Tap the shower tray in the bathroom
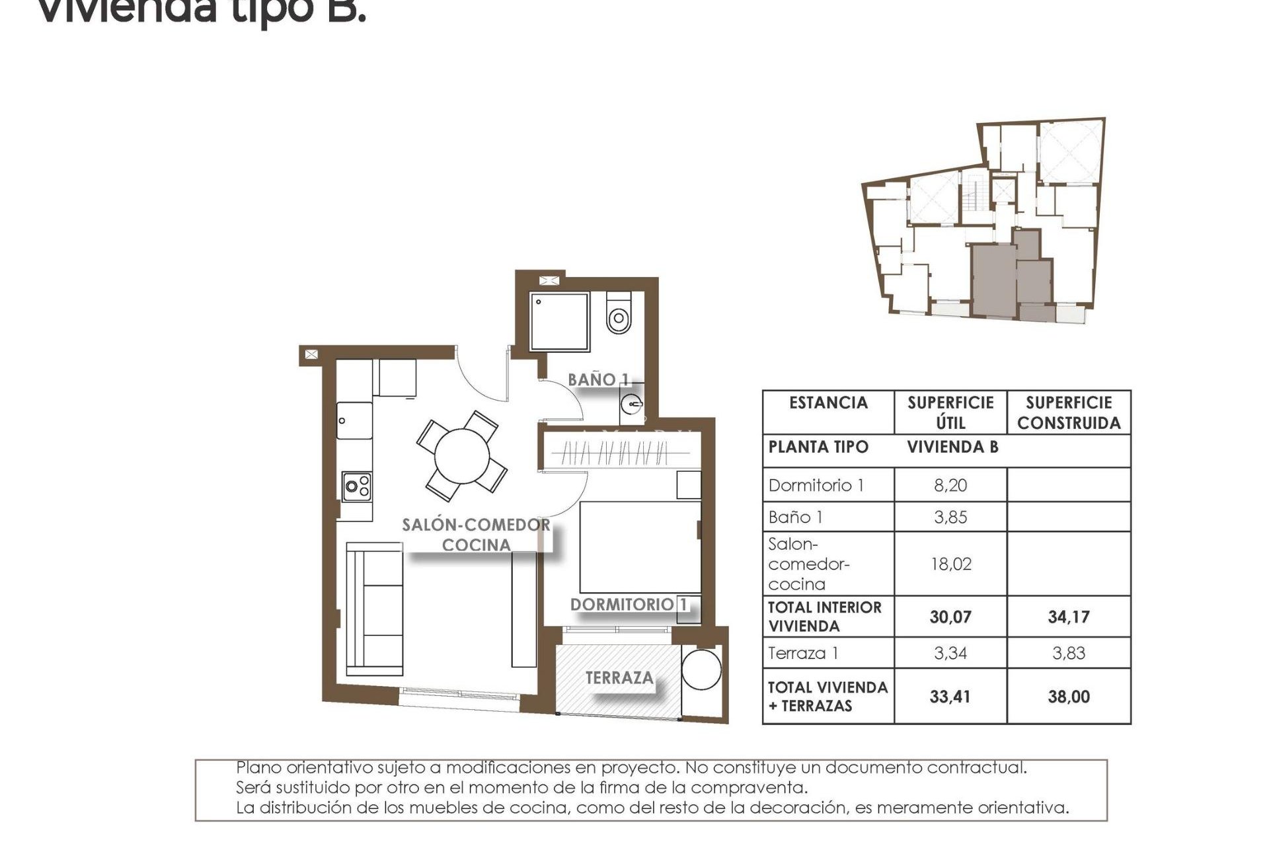tap(559, 321)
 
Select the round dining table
tap(462, 456)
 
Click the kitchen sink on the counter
tap(354, 420)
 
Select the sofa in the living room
tap(375, 608)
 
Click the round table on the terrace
tap(701, 670)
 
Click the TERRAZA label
tap(619, 677)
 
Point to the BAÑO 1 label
tap(598, 379)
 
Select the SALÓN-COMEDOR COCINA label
tap(476, 535)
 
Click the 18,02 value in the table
tap(950, 564)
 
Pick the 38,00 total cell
tap(1068, 697)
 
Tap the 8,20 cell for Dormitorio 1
tap(950, 485)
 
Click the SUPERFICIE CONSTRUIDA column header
tap(1069, 412)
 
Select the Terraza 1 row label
tap(803, 653)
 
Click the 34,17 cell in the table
tap(1068, 617)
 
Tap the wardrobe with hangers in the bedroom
tap(615, 453)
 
